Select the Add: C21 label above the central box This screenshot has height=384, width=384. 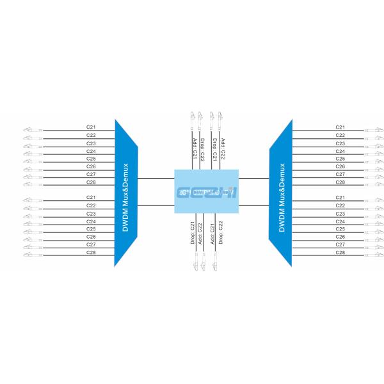(195, 148)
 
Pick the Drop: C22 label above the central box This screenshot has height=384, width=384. (203, 148)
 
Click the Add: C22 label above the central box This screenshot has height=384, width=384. (223, 148)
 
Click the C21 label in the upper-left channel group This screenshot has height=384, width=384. (92, 127)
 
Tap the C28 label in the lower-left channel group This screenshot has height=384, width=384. (92, 252)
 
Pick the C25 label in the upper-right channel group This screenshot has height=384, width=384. (340, 158)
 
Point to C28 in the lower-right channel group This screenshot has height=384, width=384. (340, 252)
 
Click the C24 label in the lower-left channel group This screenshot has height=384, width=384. (92, 221)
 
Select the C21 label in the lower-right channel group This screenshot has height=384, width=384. (340, 197)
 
